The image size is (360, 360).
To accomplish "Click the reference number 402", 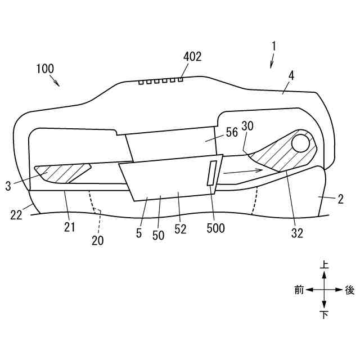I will click(x=192, y=56).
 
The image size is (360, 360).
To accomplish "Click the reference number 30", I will click(x=247, y=126).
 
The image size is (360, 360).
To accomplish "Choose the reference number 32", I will click(x=297, y=233).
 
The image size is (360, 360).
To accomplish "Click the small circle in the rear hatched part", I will click(x=301, y=142).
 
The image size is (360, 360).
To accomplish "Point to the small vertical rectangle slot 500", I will click(x=212, y=173).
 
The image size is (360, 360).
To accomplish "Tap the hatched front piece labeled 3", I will click(x=62, y=173).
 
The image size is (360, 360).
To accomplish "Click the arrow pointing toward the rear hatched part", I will click(x=242, y=171).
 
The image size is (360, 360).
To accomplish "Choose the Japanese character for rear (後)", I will click(x=349, y=290).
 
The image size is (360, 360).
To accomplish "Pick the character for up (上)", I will click(x=325, y=264).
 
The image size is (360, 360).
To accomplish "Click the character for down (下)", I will click(x=325, y=315).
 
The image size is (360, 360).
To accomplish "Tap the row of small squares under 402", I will click(x=161, y=82).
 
